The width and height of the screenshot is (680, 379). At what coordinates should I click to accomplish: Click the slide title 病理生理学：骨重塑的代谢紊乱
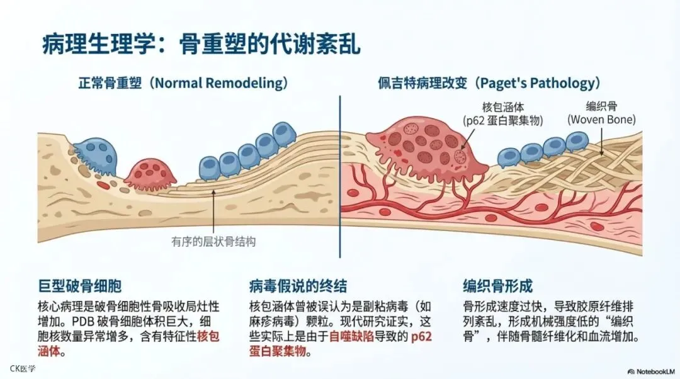click(201, 45)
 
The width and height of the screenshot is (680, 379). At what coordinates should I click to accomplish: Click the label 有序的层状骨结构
click(213, 241)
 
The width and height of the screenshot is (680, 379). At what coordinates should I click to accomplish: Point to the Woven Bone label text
click(601, 119)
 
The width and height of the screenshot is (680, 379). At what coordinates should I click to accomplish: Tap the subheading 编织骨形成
click(497, 286)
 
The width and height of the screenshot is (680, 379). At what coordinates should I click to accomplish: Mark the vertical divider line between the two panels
click(340, 176)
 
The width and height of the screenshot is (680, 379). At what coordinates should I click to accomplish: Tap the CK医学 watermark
click(23, 368)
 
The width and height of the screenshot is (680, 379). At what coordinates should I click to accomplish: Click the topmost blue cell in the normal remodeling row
click(285, 133)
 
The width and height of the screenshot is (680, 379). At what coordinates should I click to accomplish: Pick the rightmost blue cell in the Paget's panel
click(577, 142)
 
